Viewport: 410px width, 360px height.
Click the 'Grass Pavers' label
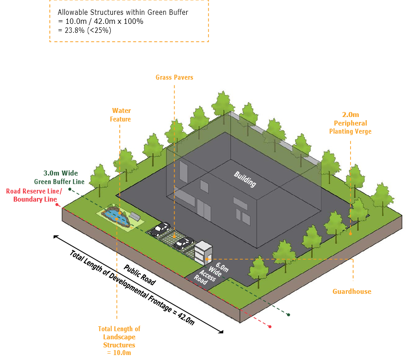click(174, 77)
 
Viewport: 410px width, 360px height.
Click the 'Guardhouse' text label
click(351, 292)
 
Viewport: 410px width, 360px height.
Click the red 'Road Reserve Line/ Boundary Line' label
click(32, 195)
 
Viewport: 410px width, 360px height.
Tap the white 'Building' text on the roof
click(245, 179)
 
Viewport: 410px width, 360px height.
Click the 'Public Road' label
click(140, 274)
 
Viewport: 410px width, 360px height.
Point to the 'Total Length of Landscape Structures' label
click(119, 337)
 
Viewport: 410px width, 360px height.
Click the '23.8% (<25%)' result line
click(84, 31)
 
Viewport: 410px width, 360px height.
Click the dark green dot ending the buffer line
click(288, 315)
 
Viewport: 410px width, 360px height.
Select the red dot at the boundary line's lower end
click(270, 326)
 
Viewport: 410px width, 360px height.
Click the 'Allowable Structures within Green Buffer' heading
click(123, 13)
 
